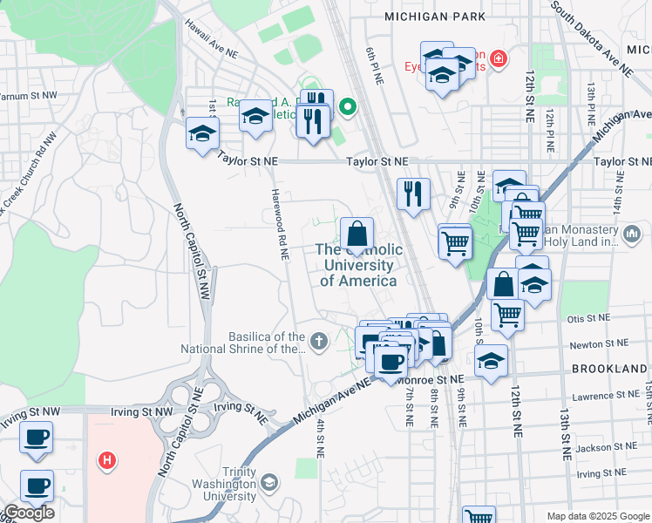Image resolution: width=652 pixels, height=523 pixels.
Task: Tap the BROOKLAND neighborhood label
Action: pos(608,369)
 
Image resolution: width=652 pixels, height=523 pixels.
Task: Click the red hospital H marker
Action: pos(106,459)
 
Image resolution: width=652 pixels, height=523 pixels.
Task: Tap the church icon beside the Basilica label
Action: pos(319,340)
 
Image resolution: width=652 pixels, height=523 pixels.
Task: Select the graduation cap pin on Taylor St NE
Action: pos(202,134)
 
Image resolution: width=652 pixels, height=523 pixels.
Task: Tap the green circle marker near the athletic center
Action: pos(348,108)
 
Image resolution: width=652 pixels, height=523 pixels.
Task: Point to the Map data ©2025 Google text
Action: pos(598,516)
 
